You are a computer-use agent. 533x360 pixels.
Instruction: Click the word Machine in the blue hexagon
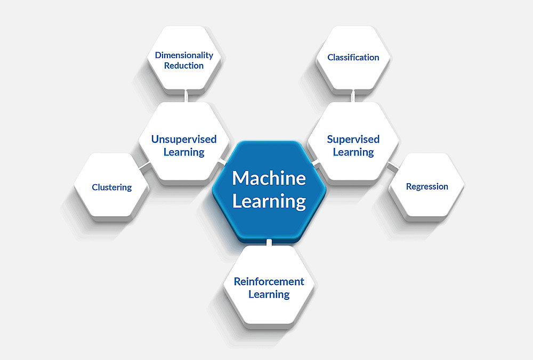click(x=269, y=178)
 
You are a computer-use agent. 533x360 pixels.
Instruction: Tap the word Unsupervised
click(x=184, y=140)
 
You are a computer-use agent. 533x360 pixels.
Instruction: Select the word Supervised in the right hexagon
click(x=353, y=140)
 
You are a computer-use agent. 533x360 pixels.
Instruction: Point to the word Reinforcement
click(x=269, y=282)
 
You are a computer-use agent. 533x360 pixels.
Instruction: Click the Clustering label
click(x=111, y=187)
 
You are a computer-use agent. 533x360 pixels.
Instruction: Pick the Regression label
click(x=427, y=187)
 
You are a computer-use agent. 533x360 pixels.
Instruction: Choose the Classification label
click(x=353, y=58)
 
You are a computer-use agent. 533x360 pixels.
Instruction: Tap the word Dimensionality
click(x=184, y=55)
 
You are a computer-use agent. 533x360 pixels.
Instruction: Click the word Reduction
click(x=184, y=66)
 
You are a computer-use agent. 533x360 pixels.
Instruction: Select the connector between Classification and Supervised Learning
click(x=353, y=96)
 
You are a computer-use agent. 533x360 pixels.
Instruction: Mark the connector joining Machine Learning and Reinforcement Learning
click(x=269, y=243)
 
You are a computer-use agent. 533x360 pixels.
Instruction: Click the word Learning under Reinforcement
click(x=269, y=294)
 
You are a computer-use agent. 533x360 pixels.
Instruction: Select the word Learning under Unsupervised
click(x=184, y=152)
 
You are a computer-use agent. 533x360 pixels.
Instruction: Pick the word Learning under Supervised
click(x=353, y=152)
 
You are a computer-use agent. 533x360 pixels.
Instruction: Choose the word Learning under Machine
click(x=269, y=201)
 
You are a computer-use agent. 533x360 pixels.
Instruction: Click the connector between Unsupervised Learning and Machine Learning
click(x=223, y=160)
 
